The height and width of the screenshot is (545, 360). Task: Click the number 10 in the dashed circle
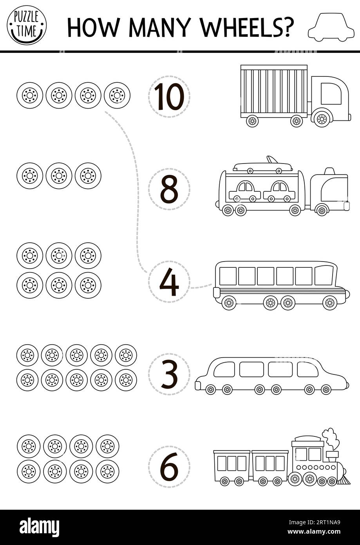pyautogui.click(x=169, y=96)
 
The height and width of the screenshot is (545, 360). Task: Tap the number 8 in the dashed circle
pyautogui.click(x=169, y=189)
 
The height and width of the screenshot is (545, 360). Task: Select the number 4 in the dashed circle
pyautogui.click(x=169, y=282)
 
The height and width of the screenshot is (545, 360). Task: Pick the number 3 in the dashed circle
pyautogui.click(x=169, y=374)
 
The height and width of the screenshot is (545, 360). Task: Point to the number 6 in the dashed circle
pyautogui.click(x=169, y=467)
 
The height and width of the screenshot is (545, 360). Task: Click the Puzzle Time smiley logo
pyautogui.click(x=27, y=25)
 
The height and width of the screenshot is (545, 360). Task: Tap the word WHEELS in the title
pyautogui.click(x=247, y=27)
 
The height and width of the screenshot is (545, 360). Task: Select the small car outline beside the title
pyautogui.click(x=331, y=27)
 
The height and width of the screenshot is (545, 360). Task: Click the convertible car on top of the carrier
pyautogui.click(x=262, y=166)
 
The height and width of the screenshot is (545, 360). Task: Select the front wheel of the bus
pyautogui.click(x=329, y=302)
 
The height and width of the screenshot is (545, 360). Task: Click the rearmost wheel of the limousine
pyautogui.click(x=211, y=389)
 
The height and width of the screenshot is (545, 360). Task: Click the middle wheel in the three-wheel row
pyautogui.click(x=59, y=176)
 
